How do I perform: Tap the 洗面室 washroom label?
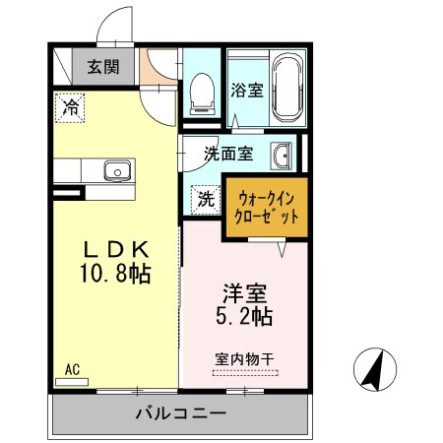(x=228, y=154)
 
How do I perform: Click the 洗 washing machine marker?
(x=206, y=198)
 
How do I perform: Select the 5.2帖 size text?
(x=244, y=317)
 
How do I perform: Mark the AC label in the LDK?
(x=71, y=370)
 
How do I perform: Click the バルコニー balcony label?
(x=180, y=414)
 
